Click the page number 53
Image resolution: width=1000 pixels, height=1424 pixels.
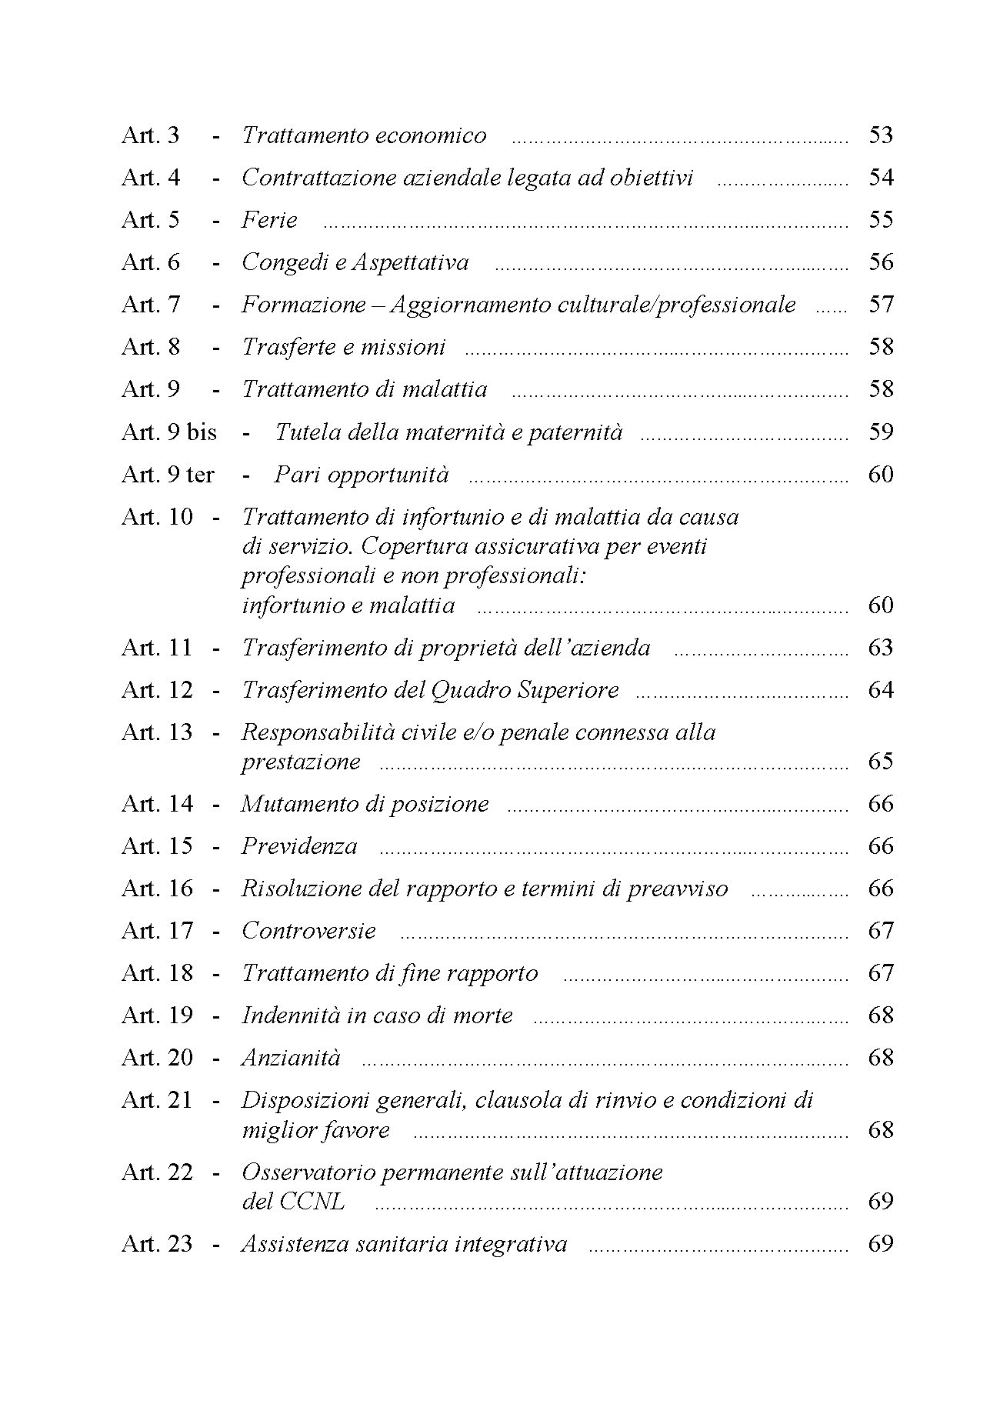[x=880, y=135]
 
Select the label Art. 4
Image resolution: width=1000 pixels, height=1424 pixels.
[x=151, y=178]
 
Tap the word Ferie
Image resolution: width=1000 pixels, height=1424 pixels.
[x=269, y=220]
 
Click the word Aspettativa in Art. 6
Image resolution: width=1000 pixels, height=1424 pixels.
[x=410, y=262]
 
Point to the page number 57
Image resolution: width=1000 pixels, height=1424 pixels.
[x=880, y=305]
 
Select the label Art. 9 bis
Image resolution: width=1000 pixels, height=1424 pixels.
[x=168, y=432]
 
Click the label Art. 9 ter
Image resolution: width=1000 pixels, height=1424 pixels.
[x=167, y=474]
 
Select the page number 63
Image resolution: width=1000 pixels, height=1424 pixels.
[x=880, y=647]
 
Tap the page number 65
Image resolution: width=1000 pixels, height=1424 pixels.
[x=880, y=761]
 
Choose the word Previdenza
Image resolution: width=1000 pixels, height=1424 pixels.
[x=299, y=846]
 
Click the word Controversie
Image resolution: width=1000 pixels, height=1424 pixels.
[x=308, y=931]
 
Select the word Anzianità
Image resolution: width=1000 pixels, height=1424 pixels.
[x=291, y=1058]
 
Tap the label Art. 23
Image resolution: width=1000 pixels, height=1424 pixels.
[x=156, y=1243]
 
